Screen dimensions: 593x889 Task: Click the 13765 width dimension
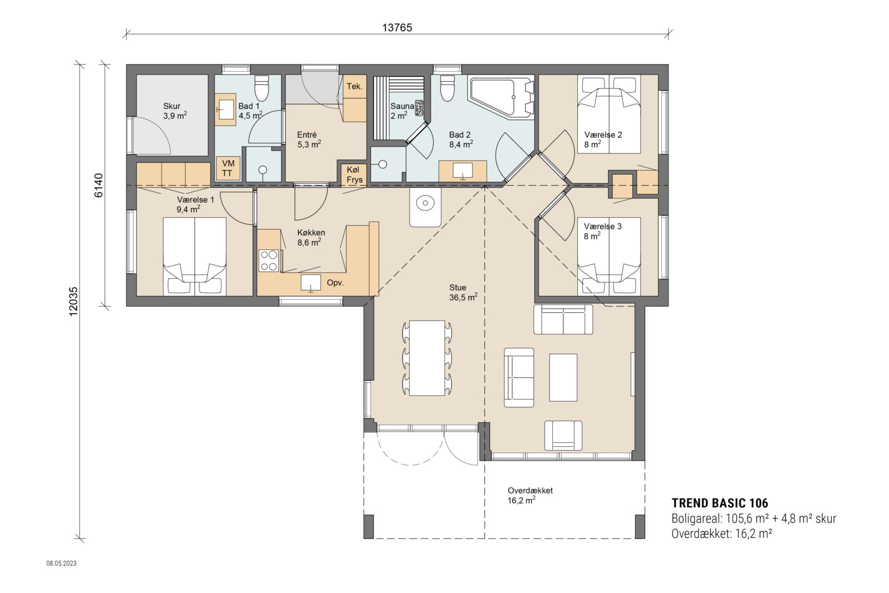(397, 27)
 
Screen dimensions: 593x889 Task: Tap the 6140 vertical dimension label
(98, 185)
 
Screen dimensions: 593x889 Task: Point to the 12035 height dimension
(73, 301)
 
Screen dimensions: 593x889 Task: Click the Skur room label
(172, 106)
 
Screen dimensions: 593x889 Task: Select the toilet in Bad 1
(262, 87)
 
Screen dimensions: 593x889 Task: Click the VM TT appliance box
(228, 168)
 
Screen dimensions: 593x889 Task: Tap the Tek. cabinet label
(354, 86)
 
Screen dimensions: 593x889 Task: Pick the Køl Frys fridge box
(354, 175)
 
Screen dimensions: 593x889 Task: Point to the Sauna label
(402, 106)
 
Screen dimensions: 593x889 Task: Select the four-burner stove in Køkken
(268, 261)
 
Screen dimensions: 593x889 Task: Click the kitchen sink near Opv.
(311, 283)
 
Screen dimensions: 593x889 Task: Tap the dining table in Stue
(427, 357)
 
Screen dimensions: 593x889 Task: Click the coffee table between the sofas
(563, 377)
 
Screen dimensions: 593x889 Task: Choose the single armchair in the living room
(563, 435)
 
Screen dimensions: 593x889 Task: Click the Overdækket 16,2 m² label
(530, 495)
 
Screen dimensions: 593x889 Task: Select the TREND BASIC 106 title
(720, 503)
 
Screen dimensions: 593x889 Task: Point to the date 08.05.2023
(61, 564)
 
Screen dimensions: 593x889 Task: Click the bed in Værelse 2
(609, 114)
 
